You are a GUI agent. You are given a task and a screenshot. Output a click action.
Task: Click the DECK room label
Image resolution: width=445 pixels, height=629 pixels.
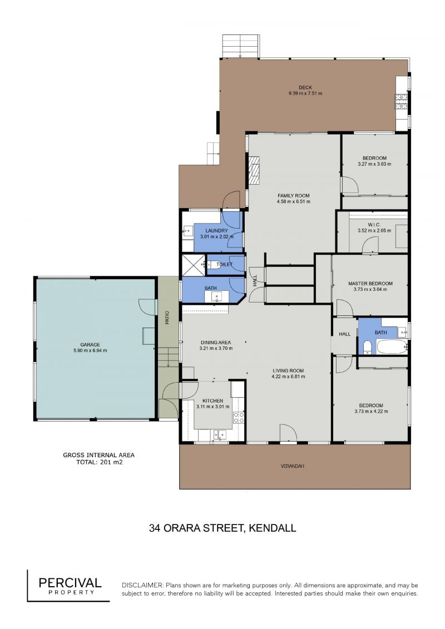[x=305, y=87]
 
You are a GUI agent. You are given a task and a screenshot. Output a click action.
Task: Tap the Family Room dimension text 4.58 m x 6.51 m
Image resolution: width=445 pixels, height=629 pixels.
[x=293, y=201]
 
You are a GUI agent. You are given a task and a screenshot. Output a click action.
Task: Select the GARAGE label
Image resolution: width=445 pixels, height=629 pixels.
[x=90, y=345]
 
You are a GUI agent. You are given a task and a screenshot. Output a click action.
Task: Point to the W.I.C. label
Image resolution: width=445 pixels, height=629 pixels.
[x=374, y=225]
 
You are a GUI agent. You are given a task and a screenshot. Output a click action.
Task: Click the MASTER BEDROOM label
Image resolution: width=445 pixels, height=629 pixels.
[x=370, y=283]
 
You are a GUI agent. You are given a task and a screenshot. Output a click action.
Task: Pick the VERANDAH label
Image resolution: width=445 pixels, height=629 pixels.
[x=292, y=466]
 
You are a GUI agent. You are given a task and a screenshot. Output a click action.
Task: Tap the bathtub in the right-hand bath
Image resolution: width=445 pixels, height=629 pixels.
[x=391, y=347]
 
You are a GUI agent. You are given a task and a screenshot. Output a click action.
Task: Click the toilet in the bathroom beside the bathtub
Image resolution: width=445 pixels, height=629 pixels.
[x=367, y=348]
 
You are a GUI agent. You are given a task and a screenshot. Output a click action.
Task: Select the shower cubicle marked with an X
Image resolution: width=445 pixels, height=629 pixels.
[x=194, y=265]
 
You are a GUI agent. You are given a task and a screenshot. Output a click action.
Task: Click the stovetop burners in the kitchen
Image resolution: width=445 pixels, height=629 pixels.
[x=239, y=417]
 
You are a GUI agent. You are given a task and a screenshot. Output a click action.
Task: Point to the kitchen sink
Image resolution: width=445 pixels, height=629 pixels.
[x=219, y=434]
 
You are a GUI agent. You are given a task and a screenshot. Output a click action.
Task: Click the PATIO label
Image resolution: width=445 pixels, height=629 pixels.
[x=167, y=318]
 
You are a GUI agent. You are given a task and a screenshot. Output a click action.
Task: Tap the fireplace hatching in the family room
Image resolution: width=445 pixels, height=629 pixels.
[x=254, y=170]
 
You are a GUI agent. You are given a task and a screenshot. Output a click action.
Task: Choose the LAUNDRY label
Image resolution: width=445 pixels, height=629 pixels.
[x=217, y=231]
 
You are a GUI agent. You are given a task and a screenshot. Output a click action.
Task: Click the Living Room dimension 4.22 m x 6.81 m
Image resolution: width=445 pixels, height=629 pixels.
[x=288, y=377]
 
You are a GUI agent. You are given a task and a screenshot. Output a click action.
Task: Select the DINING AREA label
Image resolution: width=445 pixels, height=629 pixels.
[x=216, y=343]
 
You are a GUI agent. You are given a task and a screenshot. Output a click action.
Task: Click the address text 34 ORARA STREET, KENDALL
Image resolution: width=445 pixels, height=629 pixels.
[x=222, y=528]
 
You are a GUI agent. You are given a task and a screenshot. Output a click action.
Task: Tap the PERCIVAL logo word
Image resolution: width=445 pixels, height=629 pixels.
[x=70, y=582]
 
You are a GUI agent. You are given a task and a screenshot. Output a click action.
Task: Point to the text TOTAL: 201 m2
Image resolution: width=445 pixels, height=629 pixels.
[x=99, y=462]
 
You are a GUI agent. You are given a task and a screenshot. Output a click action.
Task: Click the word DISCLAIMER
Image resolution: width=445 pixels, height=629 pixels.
[x=142, y=585]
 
